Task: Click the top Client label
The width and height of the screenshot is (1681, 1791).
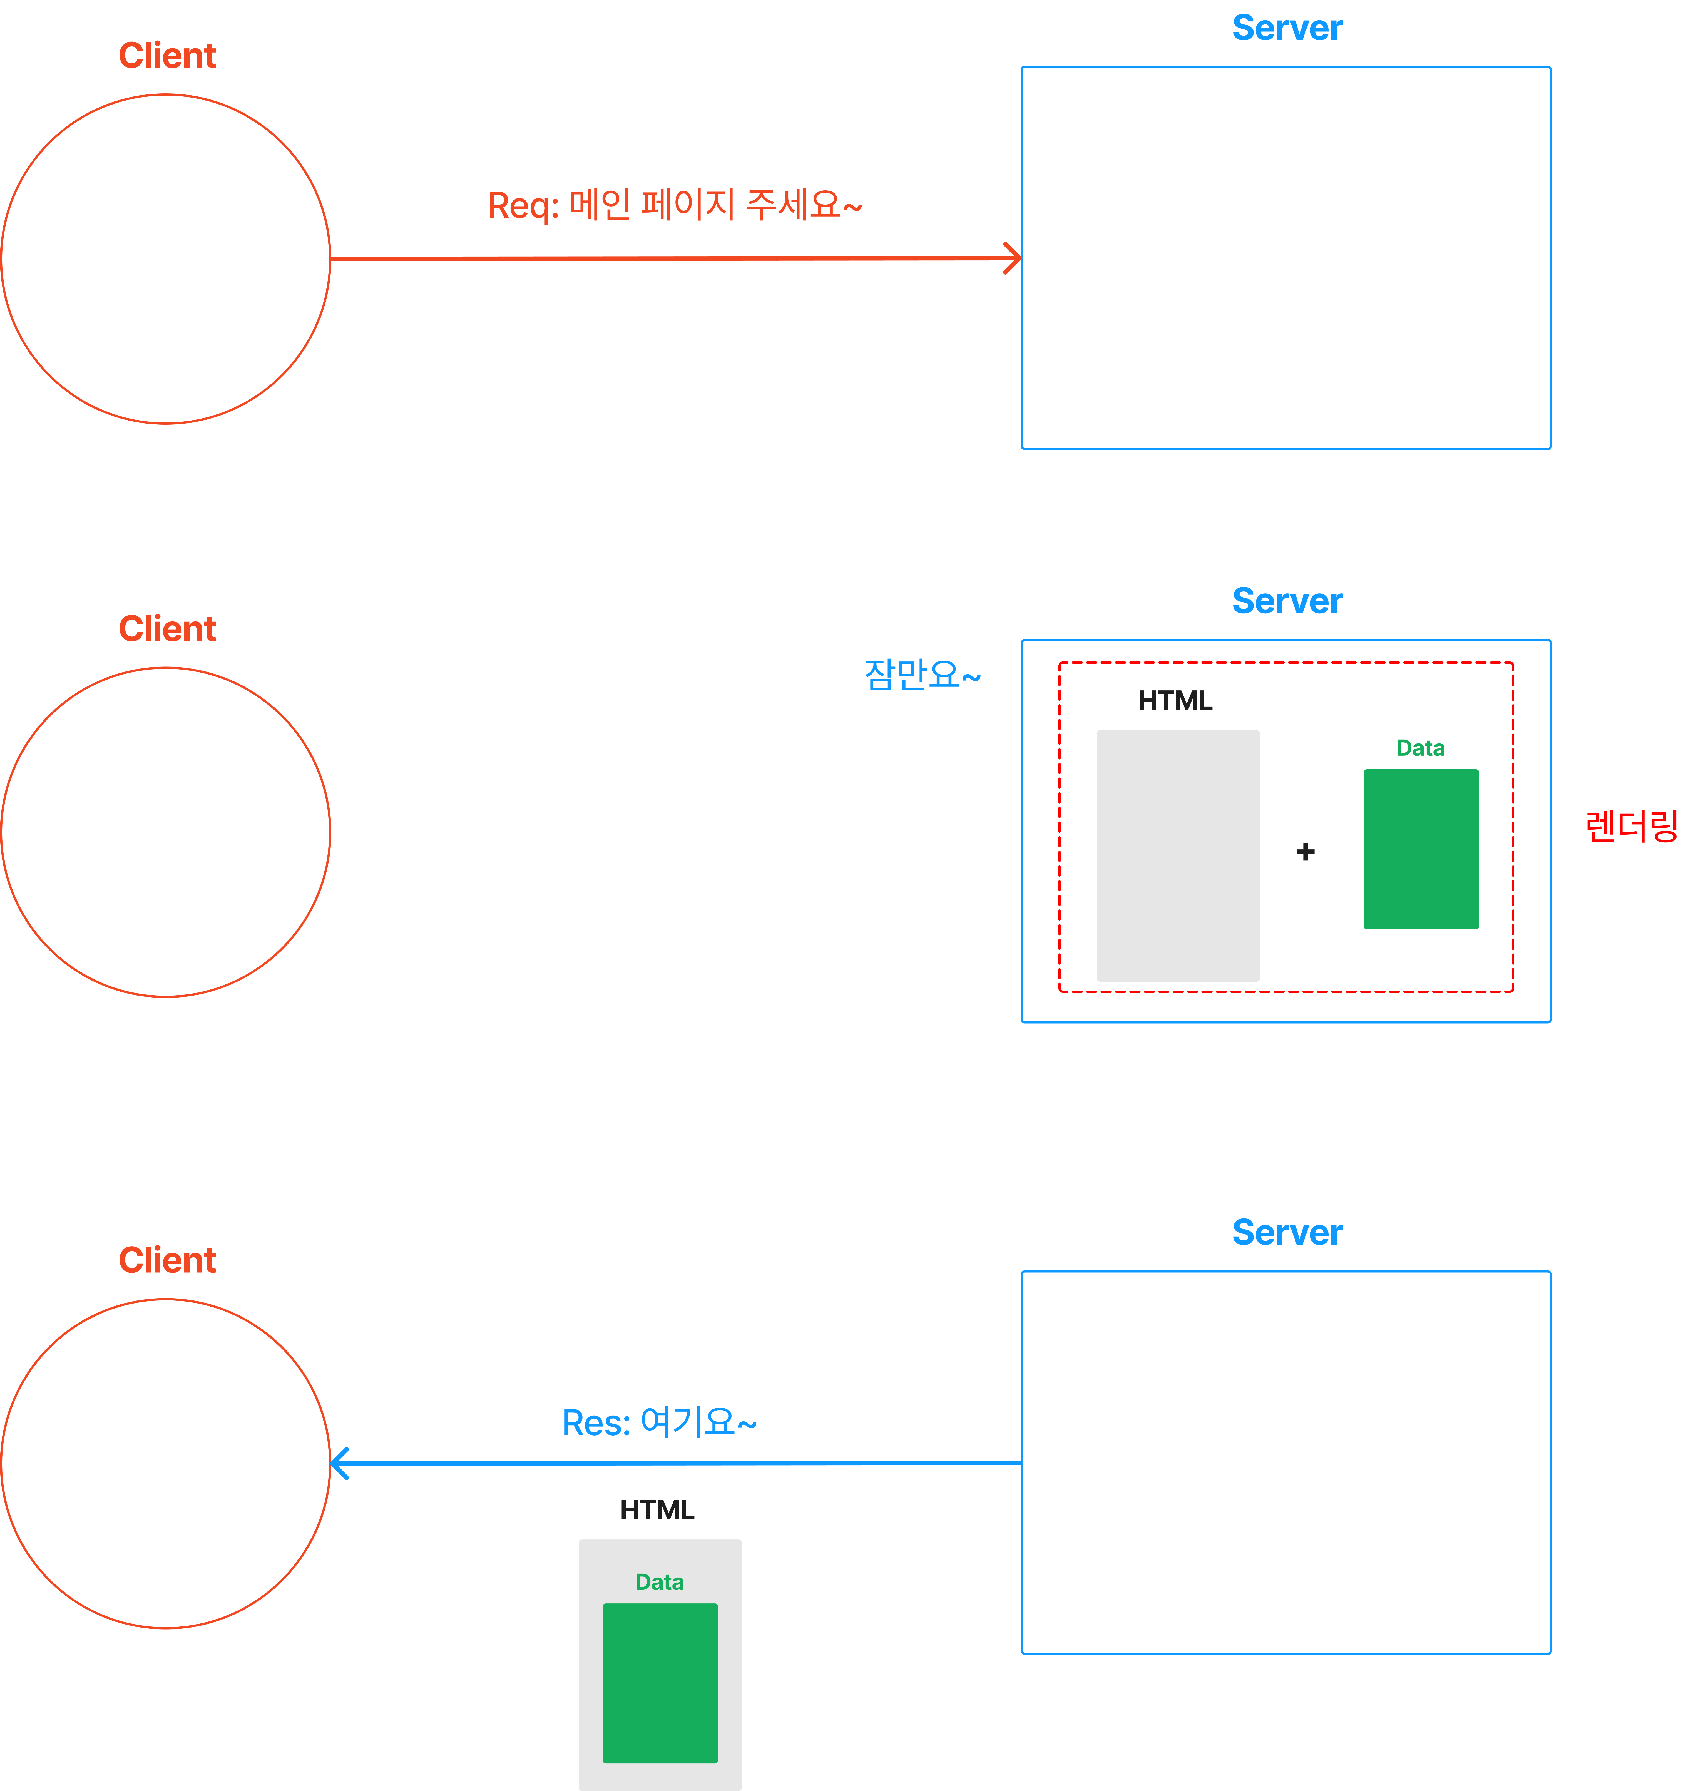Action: point(168,56)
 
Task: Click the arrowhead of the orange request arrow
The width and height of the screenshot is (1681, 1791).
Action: point(1014,258)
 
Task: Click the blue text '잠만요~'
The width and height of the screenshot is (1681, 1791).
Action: point(922,675)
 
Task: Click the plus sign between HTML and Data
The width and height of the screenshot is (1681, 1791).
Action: point(1305,851)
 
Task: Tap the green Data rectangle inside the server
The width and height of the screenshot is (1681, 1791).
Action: point(1421,849)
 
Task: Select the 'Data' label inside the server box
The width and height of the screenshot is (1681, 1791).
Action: point(1421,748)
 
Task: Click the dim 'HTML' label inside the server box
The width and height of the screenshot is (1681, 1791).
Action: point(1175,701)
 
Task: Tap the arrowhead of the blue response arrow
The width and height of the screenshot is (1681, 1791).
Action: point(339,1463)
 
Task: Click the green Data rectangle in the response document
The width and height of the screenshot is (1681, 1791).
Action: point(660,1683)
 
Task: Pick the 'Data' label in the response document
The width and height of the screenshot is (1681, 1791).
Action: point(660,1582)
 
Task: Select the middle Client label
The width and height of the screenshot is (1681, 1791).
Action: point(168,629)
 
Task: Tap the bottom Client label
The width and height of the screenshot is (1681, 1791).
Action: point(168,1260)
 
